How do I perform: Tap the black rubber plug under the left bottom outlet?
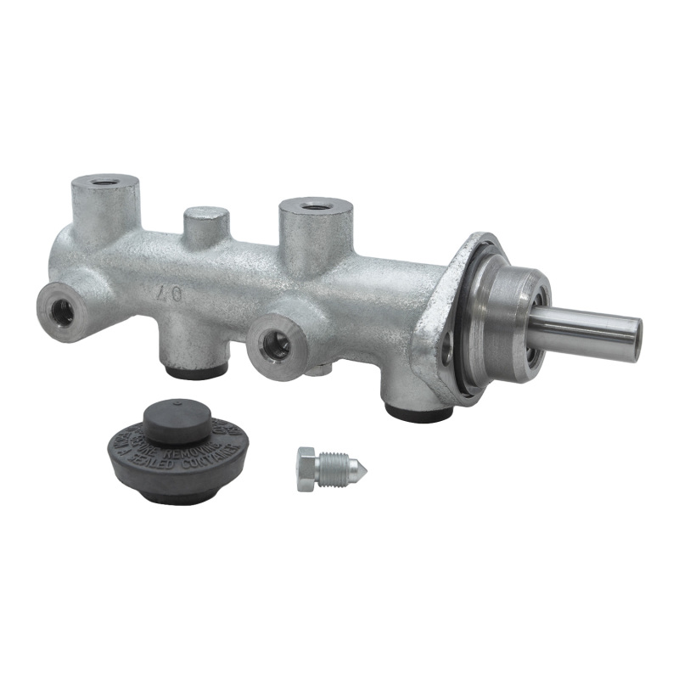pyautogui.click(x=197, y=372)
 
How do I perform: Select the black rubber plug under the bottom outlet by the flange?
pyautogui.click(x=418, y=412)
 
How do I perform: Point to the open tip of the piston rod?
pyautogui.click(x=634, y=339)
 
